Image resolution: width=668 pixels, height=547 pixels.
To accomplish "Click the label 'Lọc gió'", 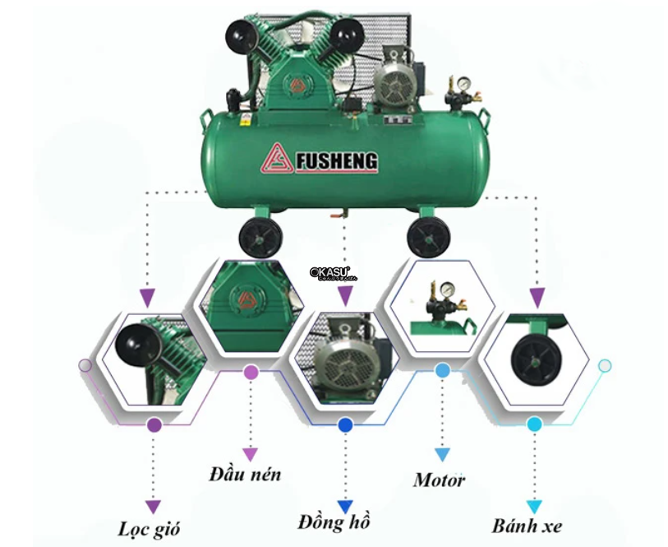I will point(149,527).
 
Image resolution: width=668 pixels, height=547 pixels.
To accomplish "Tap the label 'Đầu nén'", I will point(245,475).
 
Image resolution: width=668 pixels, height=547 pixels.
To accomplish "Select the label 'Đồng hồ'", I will point(335,522).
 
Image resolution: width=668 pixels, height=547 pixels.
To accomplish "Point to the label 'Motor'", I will point(440,480).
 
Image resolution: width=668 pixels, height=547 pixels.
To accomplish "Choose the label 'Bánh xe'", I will point(527,524).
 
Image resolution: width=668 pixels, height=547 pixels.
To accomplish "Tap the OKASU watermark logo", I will point(330,273).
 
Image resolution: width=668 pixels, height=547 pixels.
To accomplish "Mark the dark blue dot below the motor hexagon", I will point(346,424).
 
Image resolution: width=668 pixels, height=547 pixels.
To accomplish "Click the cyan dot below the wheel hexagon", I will point(535,424).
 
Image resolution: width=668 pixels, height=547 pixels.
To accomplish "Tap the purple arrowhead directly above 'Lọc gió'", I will point(152,507).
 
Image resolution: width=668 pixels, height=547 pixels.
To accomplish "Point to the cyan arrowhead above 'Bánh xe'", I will point(535,507).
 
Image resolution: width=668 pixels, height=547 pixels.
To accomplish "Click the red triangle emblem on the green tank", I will point(278,159).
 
